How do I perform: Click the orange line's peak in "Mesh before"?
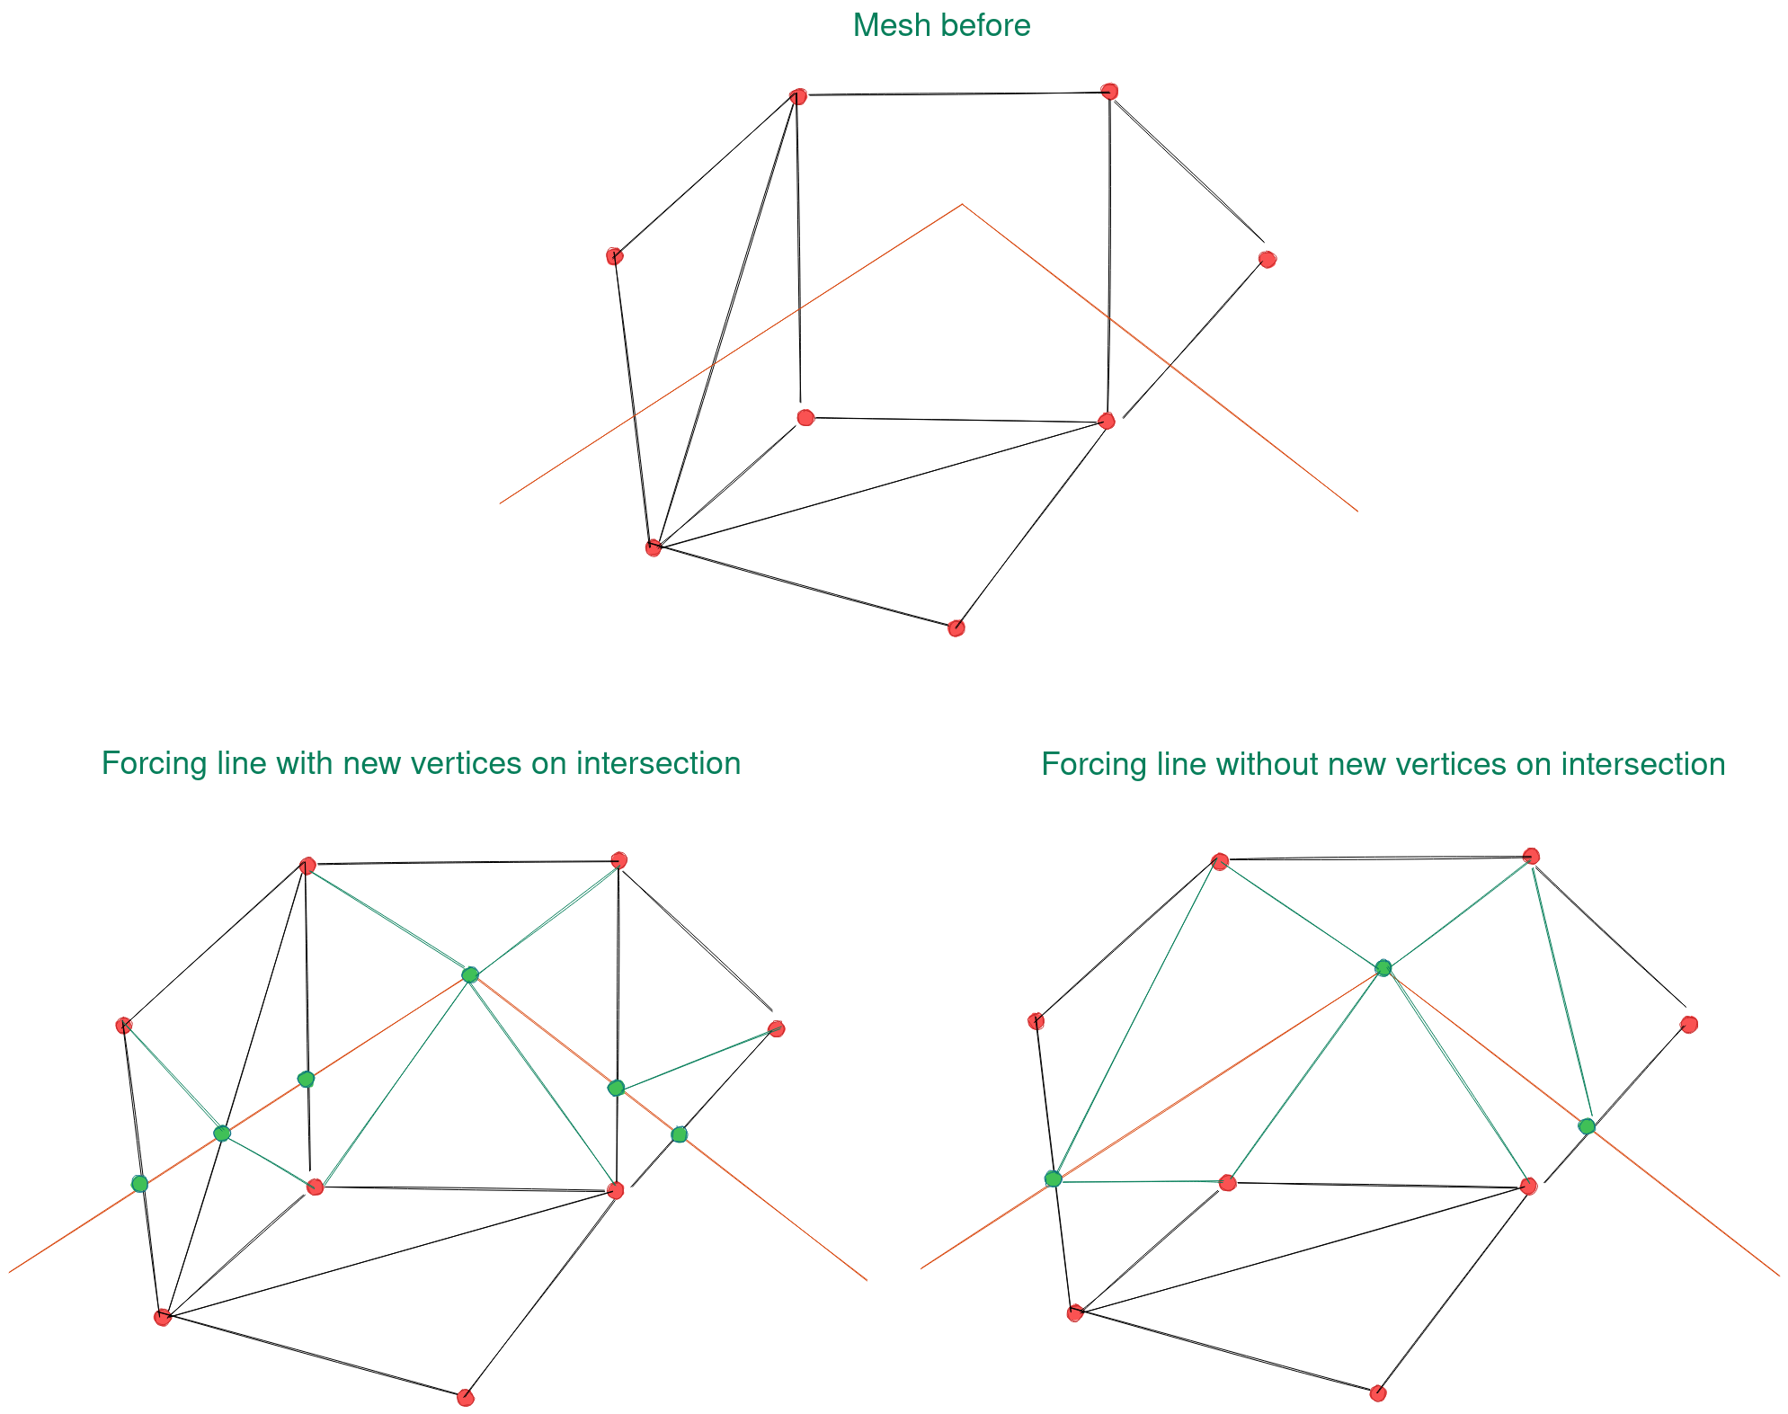[962, 205]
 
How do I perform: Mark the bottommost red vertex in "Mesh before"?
[956, 628]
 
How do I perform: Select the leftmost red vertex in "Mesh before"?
[614, 256]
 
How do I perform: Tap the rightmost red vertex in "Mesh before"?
[1267, 260]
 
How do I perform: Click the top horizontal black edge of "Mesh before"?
[953, 93]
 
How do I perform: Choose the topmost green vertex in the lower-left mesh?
[469, 974]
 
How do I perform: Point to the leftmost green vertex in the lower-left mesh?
[139, 1183]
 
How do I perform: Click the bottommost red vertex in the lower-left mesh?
[465, 1397]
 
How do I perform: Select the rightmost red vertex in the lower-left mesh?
[777, 1028]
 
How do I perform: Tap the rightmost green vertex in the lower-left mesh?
[679, 1134]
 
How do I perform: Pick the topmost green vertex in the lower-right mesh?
[1383, 967]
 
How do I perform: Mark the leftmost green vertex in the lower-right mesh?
[1053, 1178]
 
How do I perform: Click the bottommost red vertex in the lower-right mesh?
[1377, 1393]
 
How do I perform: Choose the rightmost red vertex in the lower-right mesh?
[1688, 1024]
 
